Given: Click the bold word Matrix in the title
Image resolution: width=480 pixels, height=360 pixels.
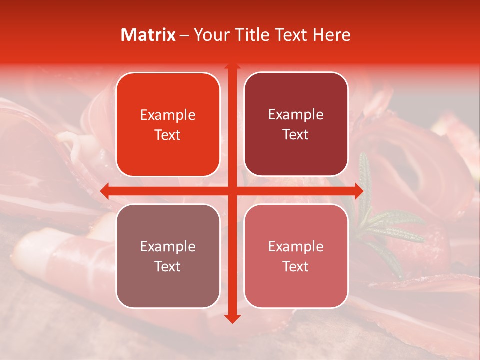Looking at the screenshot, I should (x=148, y=35).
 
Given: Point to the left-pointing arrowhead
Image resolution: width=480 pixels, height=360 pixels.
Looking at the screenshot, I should (x=105, y=191).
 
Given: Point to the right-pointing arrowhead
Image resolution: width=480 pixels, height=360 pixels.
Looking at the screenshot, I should (x=358, y=191).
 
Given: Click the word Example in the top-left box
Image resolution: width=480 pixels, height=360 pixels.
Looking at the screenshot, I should (x=168, y=115).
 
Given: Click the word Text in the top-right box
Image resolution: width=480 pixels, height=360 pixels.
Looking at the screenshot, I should (x=296, y=134).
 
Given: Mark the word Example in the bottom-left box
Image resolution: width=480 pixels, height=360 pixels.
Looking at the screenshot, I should (x=168, y=246).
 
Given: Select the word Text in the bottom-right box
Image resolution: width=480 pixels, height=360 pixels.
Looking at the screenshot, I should (x=296, y=266).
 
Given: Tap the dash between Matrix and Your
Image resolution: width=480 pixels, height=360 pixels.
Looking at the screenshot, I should (x=184, y=35).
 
